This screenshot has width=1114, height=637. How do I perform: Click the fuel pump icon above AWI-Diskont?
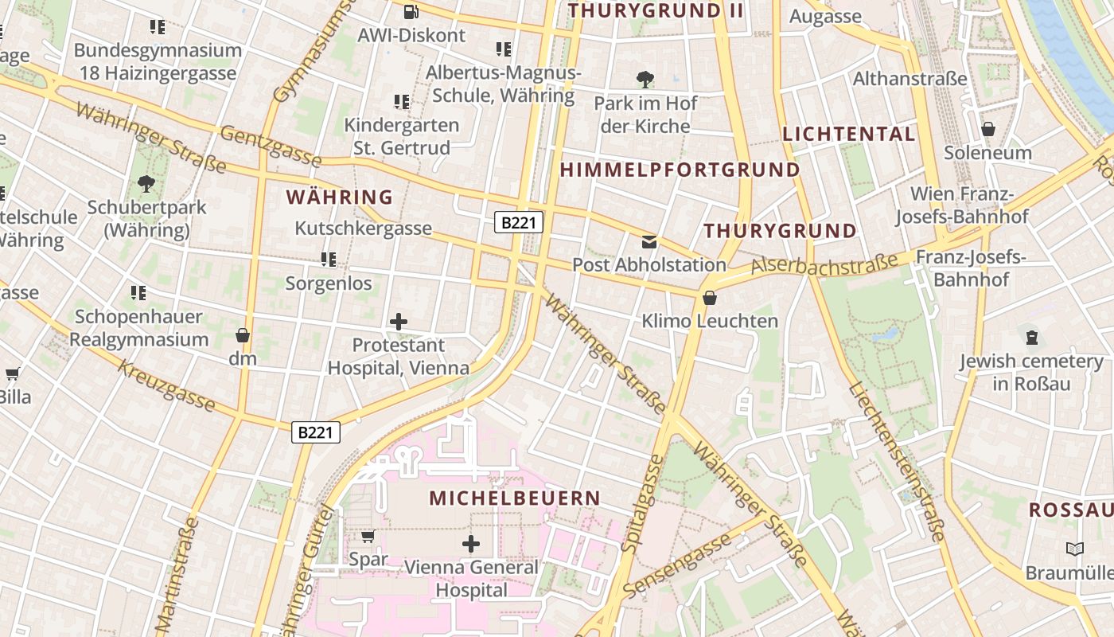tap(411, 11)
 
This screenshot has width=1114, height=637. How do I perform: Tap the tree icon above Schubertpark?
tap(146, 185)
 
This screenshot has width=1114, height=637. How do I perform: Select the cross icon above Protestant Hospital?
tap(399, 322)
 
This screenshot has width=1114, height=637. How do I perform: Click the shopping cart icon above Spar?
tap(368, 536)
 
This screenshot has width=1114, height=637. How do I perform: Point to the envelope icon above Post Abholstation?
tap(649, 241)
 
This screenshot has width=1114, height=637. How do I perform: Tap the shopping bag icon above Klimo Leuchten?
tap(709, 298)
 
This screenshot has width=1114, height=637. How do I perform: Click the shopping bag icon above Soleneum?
tap(988, 128)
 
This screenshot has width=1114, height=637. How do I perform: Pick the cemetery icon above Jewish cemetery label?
tap(1031, 337)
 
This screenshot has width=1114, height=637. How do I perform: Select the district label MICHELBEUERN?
tap(515, 498)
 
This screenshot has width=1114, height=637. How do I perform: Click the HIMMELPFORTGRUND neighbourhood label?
tap(680, 170)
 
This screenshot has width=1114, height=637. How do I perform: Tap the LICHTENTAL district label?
tap(849, 134)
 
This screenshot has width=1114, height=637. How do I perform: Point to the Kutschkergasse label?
tap(363, 229)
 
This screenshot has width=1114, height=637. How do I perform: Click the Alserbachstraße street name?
tap(824, 264)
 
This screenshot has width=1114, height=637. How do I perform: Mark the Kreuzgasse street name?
tap(166, 385)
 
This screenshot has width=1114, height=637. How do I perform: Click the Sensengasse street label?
tap(677, 567)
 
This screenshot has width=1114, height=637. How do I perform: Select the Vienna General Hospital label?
tap(471, 579)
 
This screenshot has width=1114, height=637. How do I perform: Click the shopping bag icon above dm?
tap(243, 335)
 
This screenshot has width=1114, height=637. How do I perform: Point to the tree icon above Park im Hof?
tap(645, 80)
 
